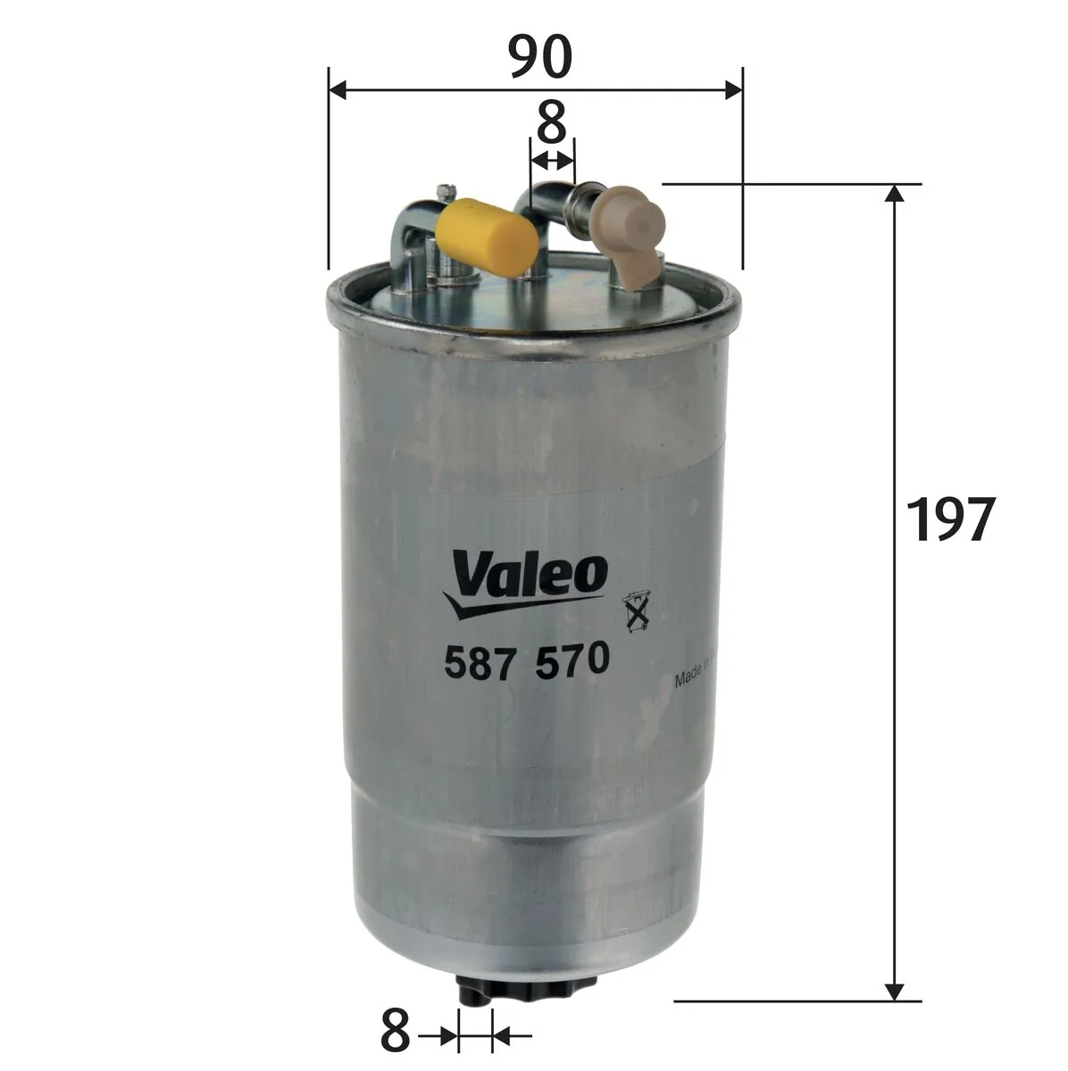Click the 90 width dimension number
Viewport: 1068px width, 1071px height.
pyautogui.click(x=538, y=58)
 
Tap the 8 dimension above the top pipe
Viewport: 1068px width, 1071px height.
pyautogui.click(x=553, y=122)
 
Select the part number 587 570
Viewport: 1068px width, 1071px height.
pyautogui.click(x=526, y=660)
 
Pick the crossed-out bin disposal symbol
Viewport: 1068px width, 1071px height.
pyautogui.click(x=636, y=614)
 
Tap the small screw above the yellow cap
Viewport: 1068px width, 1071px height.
pyautogui.click(x=446, y=190)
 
